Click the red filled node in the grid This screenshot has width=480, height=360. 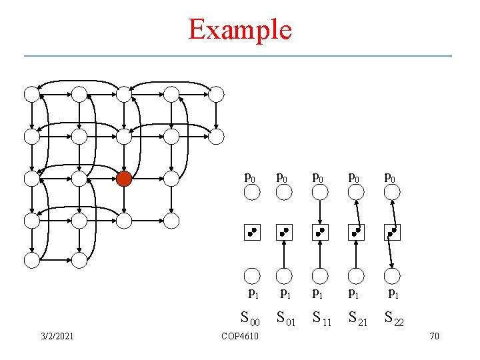tap(124, 179)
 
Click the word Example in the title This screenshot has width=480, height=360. tap(240, 29)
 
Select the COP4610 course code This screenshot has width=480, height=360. tap(240, 336)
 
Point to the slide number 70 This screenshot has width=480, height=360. tap(434, 336)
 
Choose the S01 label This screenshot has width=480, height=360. tap(286, 319)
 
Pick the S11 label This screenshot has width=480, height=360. tap(321, 319)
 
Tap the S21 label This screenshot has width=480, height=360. tap(357, 319)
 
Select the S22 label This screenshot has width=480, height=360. tap(393, 319)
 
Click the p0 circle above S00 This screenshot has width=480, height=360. tap(251, 193)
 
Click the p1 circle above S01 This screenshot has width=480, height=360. tap(285, 275)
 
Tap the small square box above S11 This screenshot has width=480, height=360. tap(321, 233)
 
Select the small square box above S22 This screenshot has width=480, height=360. tap(393, 233)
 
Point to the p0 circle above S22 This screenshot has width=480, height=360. tap(393, 193)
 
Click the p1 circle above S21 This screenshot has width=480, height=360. tap(357, 275)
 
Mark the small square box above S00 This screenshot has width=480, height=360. tap(251, 233)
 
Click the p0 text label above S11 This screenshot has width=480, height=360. tap(321, 178)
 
